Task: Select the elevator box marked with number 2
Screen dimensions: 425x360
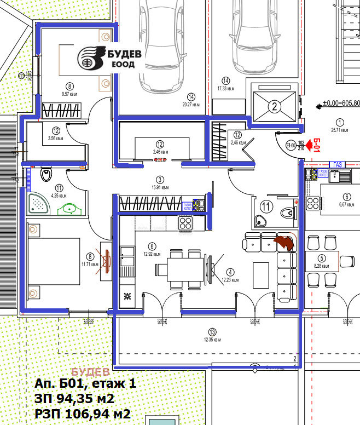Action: (274, 105)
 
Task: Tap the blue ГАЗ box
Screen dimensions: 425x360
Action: (336, 164)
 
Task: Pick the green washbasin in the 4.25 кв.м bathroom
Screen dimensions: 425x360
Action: (70, 208)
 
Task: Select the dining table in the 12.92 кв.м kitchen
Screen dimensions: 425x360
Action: (179, 269)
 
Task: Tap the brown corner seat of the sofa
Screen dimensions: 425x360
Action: (285, 242)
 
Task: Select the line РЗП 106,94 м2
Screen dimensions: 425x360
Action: (83, 413)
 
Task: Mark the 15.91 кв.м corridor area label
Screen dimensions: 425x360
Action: (160, 183)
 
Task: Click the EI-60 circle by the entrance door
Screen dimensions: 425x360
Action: (291, 145)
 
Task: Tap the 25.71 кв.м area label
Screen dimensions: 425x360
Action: (340, 127)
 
